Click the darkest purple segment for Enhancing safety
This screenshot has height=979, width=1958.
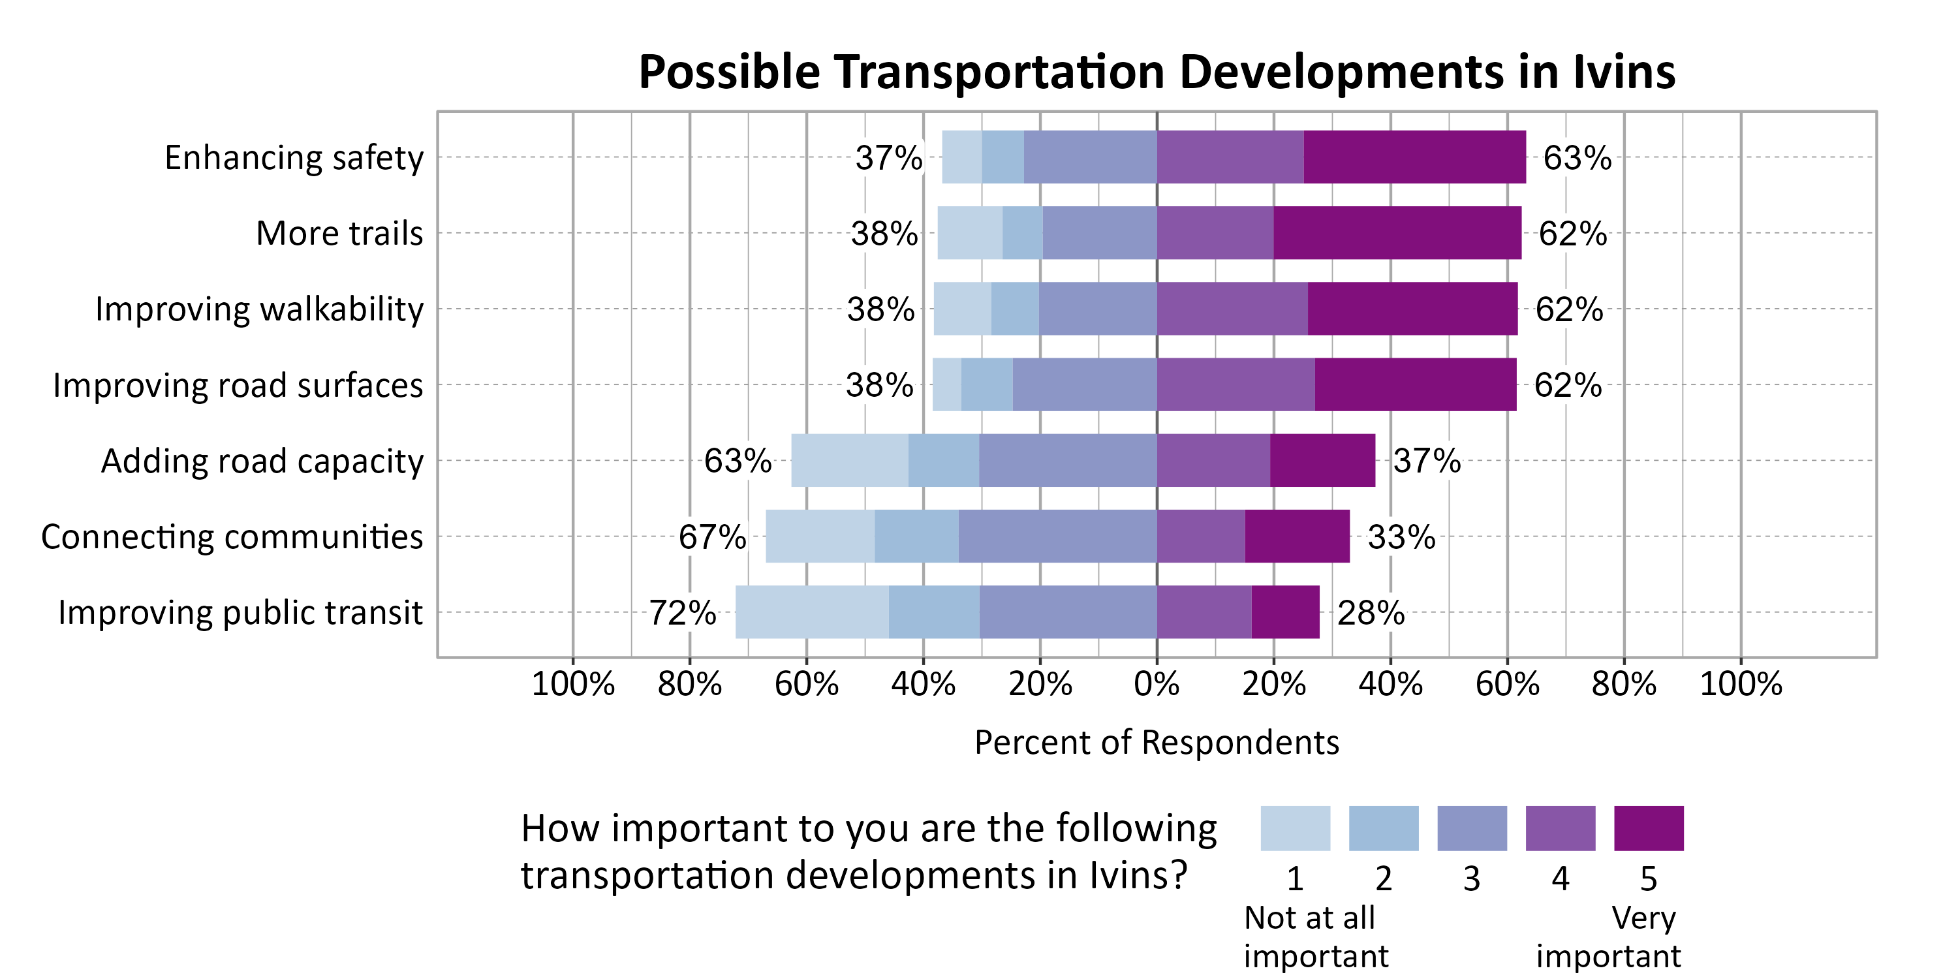coord(1414,157)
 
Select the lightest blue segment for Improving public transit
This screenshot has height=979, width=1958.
coord(812,612)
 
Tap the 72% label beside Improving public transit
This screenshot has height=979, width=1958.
coord(682,613)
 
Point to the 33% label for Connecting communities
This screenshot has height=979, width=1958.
coord(1401,536)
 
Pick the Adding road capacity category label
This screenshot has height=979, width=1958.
coord(262,461)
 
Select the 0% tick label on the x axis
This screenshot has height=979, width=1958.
coord(1156,684)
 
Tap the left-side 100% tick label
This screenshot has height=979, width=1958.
coord(572,684)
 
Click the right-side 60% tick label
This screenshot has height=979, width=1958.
coord(1506,684)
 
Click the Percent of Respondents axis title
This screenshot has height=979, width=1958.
coord(1156,743)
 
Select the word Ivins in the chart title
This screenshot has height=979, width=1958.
coord(1624,72)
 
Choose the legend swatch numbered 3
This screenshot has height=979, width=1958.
coord(1472,828)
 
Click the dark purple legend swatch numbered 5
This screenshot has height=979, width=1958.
coord(1648,828)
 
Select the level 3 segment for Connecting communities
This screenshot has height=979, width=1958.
coord(1057,536)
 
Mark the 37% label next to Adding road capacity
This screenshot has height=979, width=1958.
coord(1426,461)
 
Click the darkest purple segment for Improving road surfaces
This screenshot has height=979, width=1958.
coord(1415,384)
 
